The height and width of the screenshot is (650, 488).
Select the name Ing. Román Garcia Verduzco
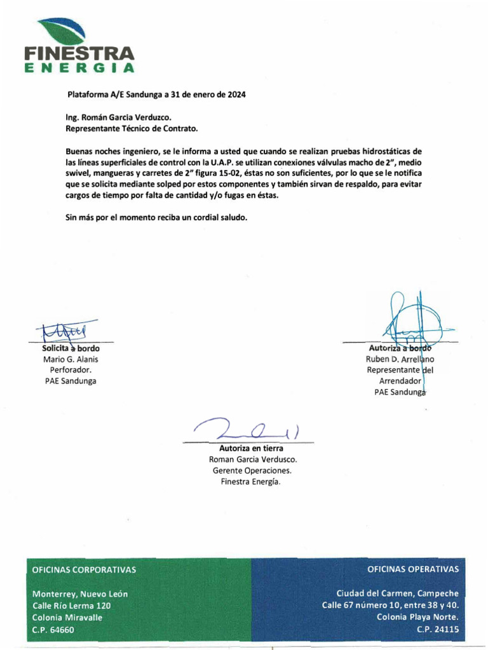click(x=119, y=117)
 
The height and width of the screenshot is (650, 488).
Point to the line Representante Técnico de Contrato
click(x=132, y=129)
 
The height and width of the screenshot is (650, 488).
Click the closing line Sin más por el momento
click(x=156, y=217)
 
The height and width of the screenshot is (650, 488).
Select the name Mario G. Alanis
click(x=71, y=359)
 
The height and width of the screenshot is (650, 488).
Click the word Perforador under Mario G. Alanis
click(x=71, y=370)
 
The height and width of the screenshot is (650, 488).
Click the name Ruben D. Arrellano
click(x=400, y=359)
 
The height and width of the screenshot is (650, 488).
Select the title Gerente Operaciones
click(x=251, y=470)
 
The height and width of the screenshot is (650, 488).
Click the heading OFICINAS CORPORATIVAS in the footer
click(x=84, y=569)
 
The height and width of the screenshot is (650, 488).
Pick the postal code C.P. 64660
click(x=53, y=630)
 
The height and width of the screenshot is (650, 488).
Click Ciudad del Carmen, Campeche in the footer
click(x=397, y=594)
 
